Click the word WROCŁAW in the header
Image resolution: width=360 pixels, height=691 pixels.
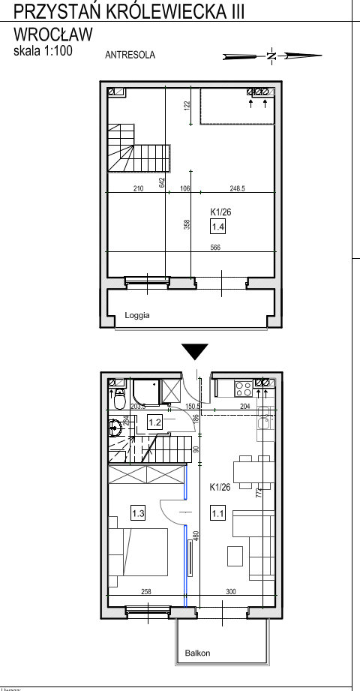(53, 35)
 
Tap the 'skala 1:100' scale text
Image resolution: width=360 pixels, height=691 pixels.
(43, 51)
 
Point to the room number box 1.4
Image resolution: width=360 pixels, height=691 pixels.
(217, 227)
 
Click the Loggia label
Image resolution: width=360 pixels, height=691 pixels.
(137, 316)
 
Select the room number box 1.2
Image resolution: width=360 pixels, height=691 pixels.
(155, 422)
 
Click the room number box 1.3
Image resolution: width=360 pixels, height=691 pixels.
(138, 514)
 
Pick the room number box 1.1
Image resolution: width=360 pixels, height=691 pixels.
(217, 514)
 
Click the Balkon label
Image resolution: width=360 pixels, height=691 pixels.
(198, 653)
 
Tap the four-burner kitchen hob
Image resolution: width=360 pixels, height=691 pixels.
(244, 389)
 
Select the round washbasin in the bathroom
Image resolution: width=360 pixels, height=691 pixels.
(115, 428)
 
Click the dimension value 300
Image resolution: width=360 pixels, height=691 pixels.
(230, 592)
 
